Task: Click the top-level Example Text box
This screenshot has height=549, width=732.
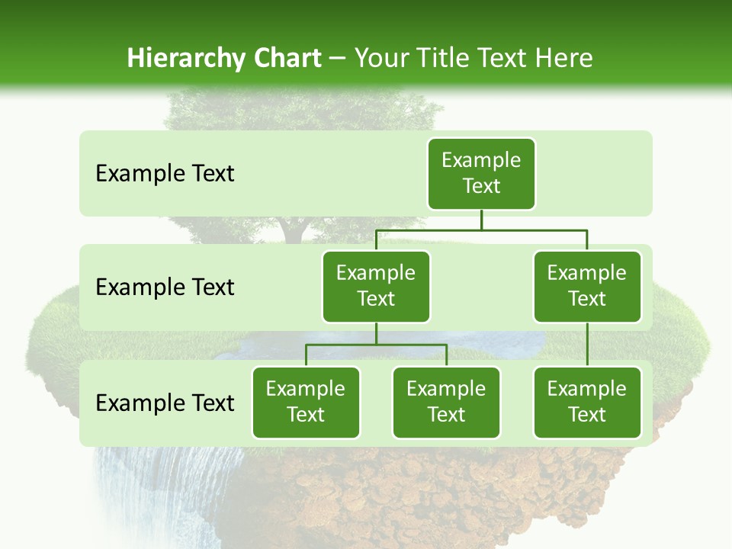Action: (x=481, y=173)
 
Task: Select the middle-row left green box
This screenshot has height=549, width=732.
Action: (x=376, y=286)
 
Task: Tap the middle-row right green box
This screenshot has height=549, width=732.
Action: (x=587, y=286)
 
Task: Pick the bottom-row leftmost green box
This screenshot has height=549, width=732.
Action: (x=306, y=402)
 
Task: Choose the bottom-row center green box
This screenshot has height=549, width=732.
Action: (x=446, y=402)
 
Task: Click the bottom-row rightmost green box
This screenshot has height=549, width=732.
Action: (x=587, y=402)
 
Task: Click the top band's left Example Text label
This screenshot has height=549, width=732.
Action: (x=165, y=174)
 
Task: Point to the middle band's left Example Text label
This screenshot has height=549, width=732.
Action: (x=165, y=287)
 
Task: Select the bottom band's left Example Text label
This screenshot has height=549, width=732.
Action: (x=165, y=403)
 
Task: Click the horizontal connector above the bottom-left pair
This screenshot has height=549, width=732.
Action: (x=376, y=345)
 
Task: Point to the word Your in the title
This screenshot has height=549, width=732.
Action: (x=381, y=58)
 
